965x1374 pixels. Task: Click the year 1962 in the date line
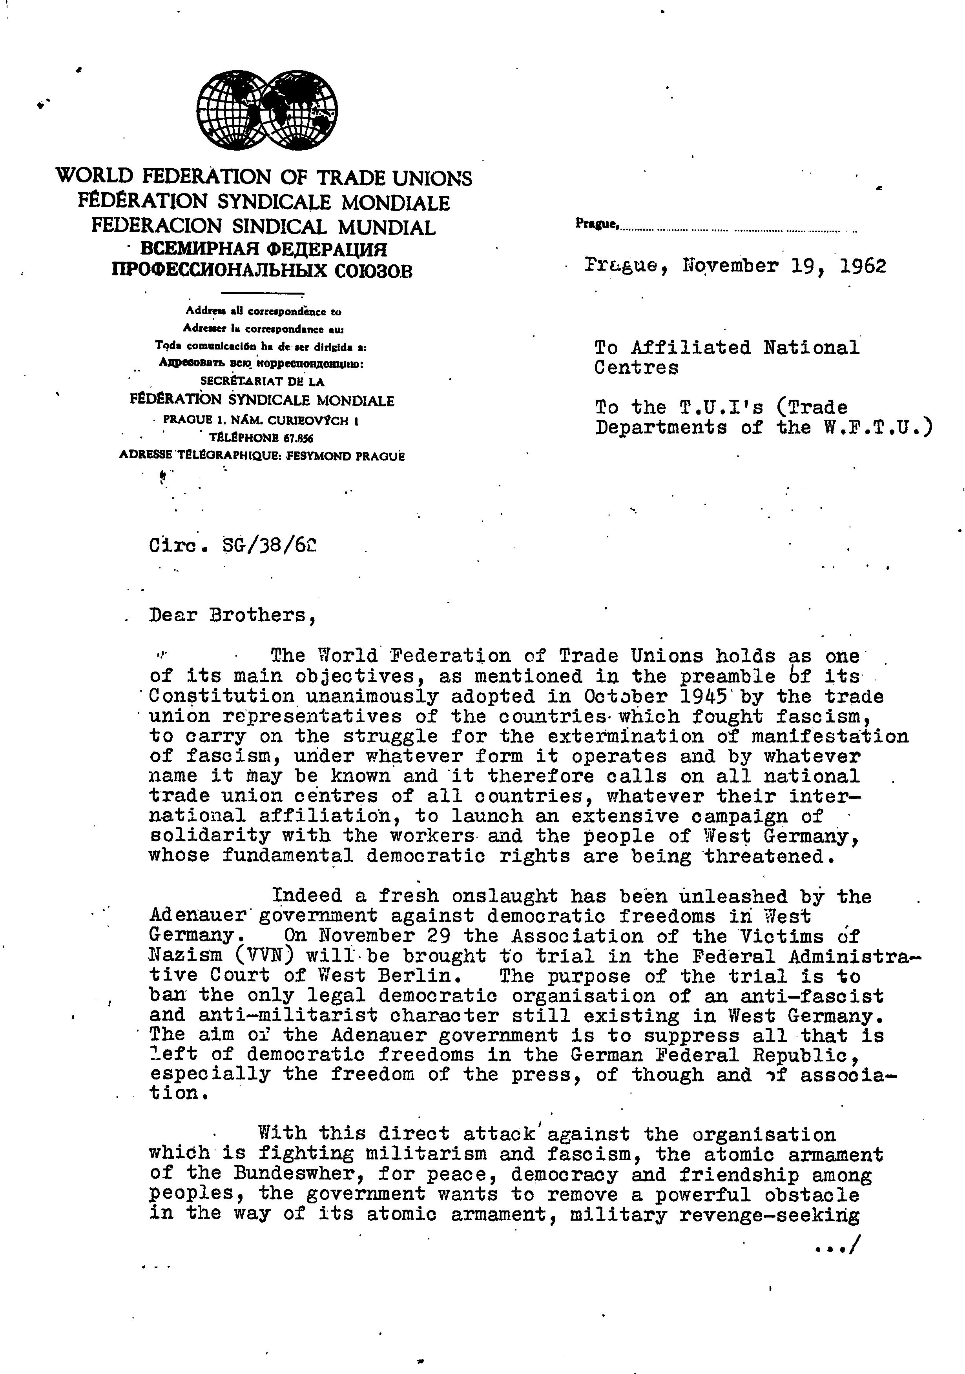coord(863,266)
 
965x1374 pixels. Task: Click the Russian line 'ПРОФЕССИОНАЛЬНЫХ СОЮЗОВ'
coord(262,272)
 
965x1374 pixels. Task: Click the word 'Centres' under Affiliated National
coord(636,368)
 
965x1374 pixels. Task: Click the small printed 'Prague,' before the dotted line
coord(596,224)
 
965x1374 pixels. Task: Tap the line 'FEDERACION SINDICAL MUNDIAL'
coord(263,227)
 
